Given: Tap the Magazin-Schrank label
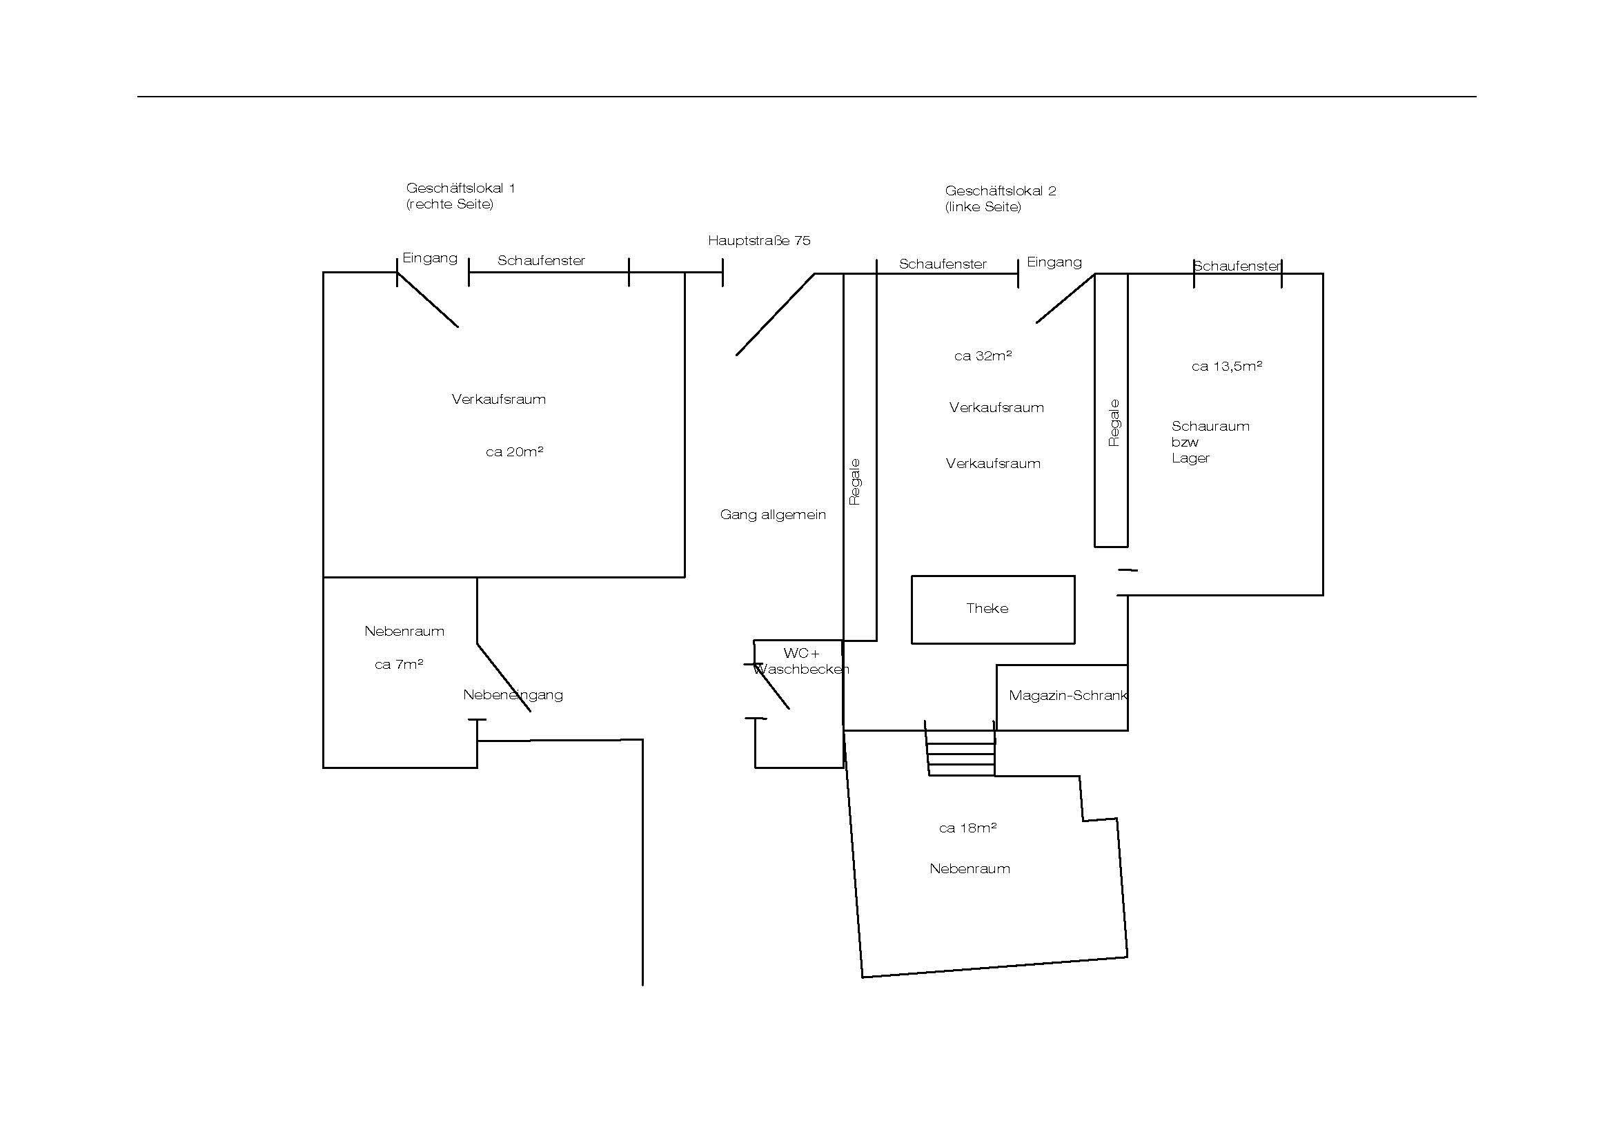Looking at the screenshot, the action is pyautogui.click(x=1067, y=695).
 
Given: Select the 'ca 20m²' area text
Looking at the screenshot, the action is pyautogui.click(x=515, y=451).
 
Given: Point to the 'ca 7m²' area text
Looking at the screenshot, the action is pyautogui.click(x=399, y=664).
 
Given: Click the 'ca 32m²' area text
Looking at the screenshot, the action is pyautogui.click(x=983, y=355).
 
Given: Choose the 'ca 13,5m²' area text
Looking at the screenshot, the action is pyautogui.click(x=1227, y=366).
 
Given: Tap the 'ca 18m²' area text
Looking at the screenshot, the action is pyautogui.click(x=968, y=828).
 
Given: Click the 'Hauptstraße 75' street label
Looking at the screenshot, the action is pyautogui.click(x=759, y=240).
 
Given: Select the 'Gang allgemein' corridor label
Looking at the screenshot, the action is pyautogui.click(x=773, y=515).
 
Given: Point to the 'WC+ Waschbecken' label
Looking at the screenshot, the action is pyautogui.click(x=801, y=661).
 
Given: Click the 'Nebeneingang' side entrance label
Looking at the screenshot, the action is pyautogui.click(x=513, y=694).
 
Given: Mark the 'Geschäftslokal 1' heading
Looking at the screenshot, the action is pyautogui.click(x=460, y=188).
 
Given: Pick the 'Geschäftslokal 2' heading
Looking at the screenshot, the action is pyautogui.click(x=1001, y=191).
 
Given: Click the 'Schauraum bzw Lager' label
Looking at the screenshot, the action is pyautogui.click(x=1210, y=442).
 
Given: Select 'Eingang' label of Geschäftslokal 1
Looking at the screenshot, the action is pyautogui.click(x=429, y=258).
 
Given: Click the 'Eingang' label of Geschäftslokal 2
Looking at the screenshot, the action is pyautogui.click(x=1054, y=262).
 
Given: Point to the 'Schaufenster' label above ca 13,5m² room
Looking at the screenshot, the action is pyautogui.click(x=1237, y=266).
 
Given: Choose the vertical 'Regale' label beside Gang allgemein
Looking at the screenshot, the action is pyautogui.click(x=855, y=482).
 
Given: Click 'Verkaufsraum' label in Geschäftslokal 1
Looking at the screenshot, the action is pyautogui.click(x=498, y=399).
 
